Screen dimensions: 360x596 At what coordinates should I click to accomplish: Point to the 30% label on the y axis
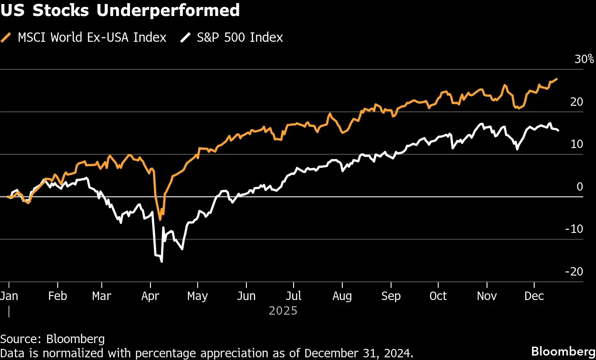pyautogui.click(x=584, y=60)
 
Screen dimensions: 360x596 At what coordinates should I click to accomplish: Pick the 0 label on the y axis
pyautogui.click(x=580, y=187)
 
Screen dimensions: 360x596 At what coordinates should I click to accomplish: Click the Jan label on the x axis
pyautogui.click(x=9, y=296)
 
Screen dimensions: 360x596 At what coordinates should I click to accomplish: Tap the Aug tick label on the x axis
pyautogui.click(x=342, y=296)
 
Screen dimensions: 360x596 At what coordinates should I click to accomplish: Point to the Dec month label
pyautogui.click(x=534, y=296)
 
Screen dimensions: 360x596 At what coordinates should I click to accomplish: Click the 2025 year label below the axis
pyautogui.click(x=283, y=310)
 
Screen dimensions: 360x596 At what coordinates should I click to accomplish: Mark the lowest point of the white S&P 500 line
pyautogui.click(x=161, y=262)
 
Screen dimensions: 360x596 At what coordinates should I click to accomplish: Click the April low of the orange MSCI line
pyautogui.click(x=160, y=220)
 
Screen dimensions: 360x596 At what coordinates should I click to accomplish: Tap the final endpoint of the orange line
pyautogui.click(x=557, y=79)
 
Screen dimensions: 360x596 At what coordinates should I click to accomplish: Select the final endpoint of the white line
pyautogui.click(x=558, y=130)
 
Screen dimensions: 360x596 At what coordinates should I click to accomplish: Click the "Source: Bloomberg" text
pyautogui.click(x=52, y=339)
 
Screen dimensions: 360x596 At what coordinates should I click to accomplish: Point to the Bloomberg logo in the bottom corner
pyautogui.click(x=564, y=350)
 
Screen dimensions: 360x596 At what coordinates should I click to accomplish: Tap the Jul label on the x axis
pyautogui.click(x=294, y=296)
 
